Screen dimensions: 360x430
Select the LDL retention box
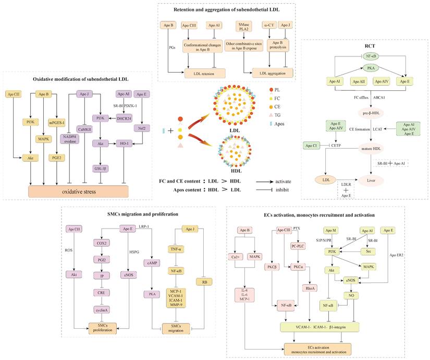click(201, 73)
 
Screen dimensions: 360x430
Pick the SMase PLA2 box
click(244, 27)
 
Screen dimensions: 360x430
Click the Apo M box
click(330, 230)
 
